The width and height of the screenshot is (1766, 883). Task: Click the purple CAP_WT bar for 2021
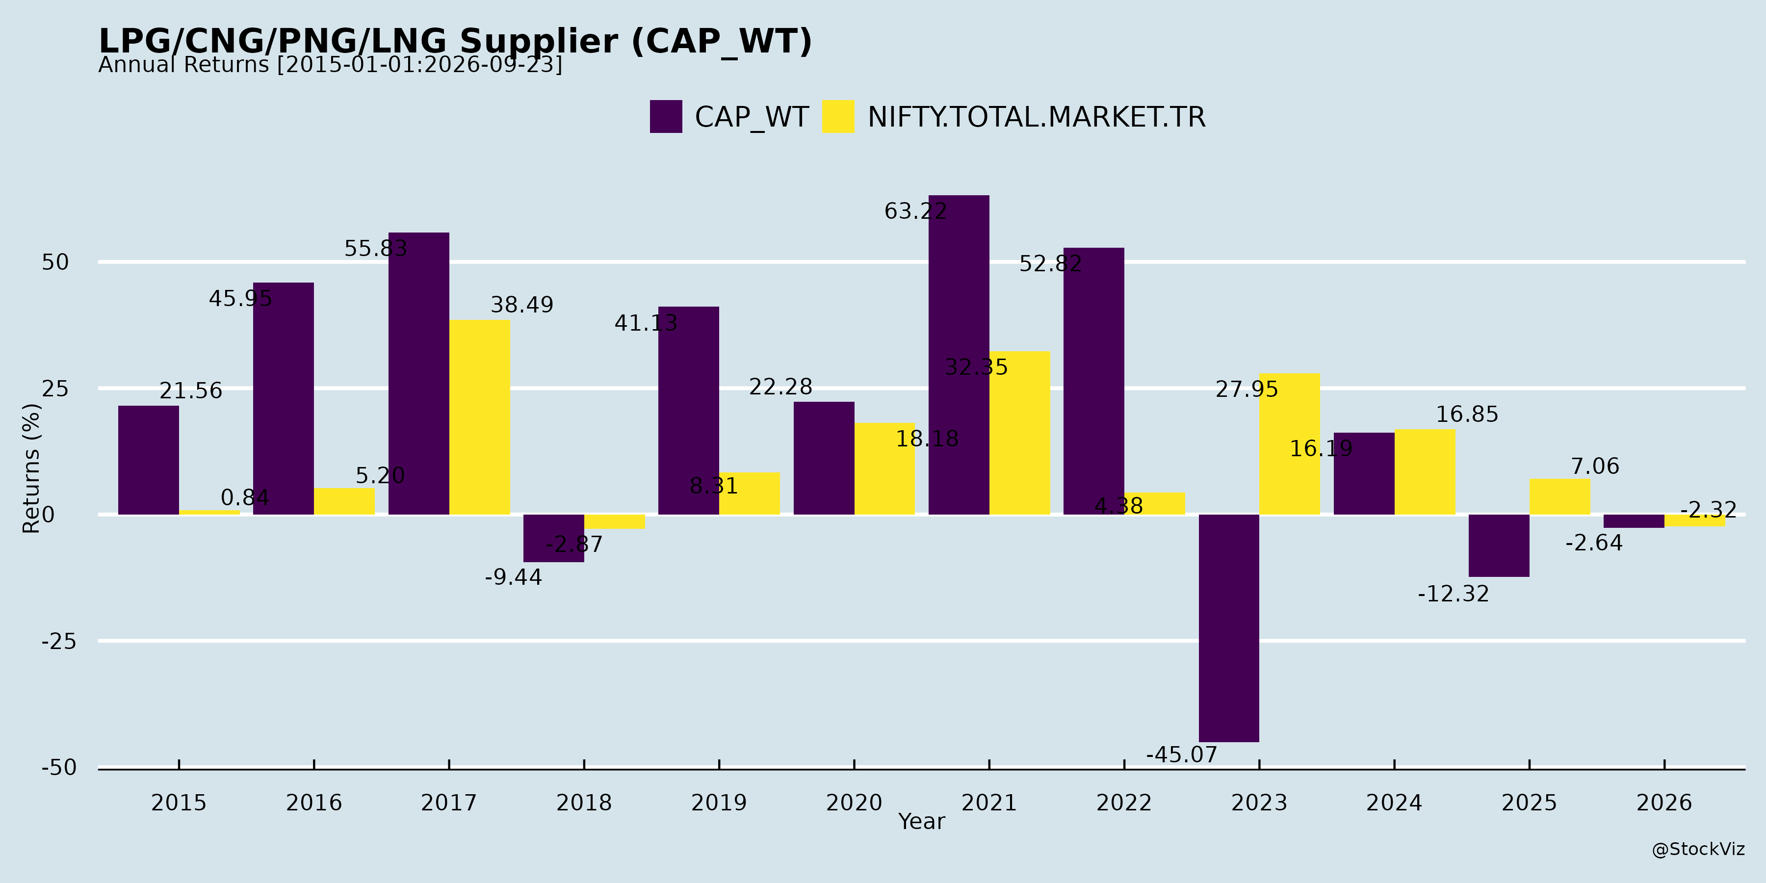pyautogui.click(x=959, y=355)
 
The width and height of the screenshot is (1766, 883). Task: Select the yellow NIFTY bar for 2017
pyautogui.click(x=479, y=417)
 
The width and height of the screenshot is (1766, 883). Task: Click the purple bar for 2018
pyautogui.click(x=553, y=538)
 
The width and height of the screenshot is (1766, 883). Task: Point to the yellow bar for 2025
pyautogui.click(x=1559, y=497)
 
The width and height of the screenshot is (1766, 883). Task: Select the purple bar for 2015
pyautogui.click(x=148, y=460)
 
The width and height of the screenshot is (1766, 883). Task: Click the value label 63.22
pyautogui.click(x=915, y=211)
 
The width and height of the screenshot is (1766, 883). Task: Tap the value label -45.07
pyautogui.click(x=1181, y=755)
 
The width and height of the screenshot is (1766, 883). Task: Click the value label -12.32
pyautogui.click(x=1454, y=594)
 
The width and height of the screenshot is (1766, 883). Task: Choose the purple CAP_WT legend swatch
pyautogui.click(x=666, y=117)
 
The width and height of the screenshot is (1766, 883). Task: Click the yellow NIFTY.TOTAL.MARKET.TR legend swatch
pyautogui.click(x=838, y=117)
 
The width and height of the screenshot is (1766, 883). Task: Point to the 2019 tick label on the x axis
pyautogui.click(x=719, y=803)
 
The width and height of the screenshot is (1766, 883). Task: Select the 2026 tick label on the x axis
pyautogui.click(x=1664, y=803)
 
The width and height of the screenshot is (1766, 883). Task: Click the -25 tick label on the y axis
pyautogui.click(x=59, y=642)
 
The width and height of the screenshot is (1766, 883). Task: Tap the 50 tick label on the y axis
pyautogui.click(x=55, y=262)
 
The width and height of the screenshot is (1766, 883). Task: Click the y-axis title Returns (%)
pyautogui.click(x=31, y=468)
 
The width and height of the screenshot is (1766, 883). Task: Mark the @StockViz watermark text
pyautogui.click(x=1698, y=850)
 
